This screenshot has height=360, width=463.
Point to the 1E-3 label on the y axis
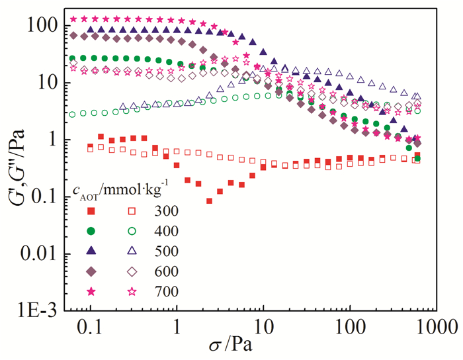pyautogui.click(x=40, y=310)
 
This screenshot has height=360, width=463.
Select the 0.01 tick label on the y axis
pyautogui.click(x=41, y=253)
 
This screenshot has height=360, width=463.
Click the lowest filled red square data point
pyautogui.click(x=209, y=201)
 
